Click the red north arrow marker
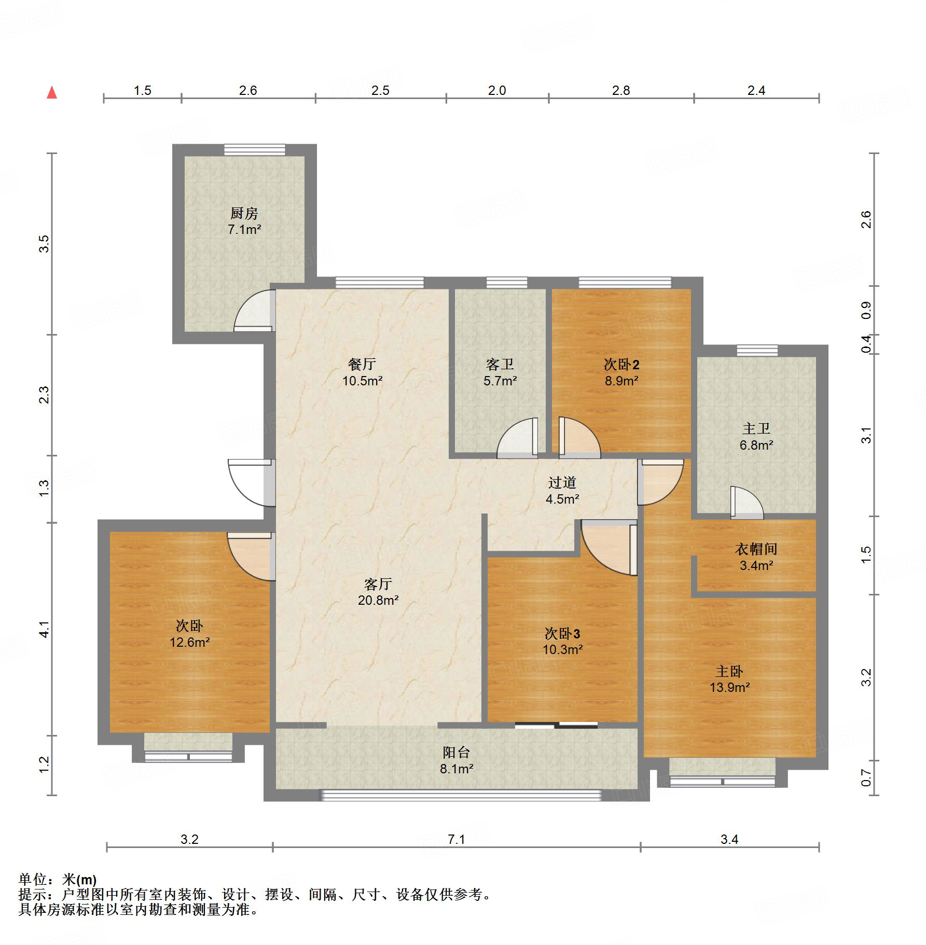click(x=52, y=92)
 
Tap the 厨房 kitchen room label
click(x=244, y=213)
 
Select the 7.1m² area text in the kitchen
click(x=244, y=229)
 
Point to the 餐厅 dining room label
click(x=362, y=364)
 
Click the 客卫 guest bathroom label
click(x=500, y=364)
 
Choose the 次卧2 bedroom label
click(x=621, y=364)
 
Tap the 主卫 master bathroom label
click(x=756, y=428)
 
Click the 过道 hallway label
click(x=562, y=482)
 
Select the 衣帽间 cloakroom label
click(x=756, y=549)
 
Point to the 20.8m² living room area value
click(x=378, y=600)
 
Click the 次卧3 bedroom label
click(x=562, y=633)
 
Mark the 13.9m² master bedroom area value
click(x=730, y=687)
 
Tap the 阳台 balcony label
click(x=457, y=753)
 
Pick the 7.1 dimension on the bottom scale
click(x=457, y=839)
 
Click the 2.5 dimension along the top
click(x=380, y=90)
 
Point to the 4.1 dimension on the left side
click(x=45, y=629)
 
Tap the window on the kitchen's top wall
click(x=255, y=149)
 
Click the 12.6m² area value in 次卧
click(x=190, y=642)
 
